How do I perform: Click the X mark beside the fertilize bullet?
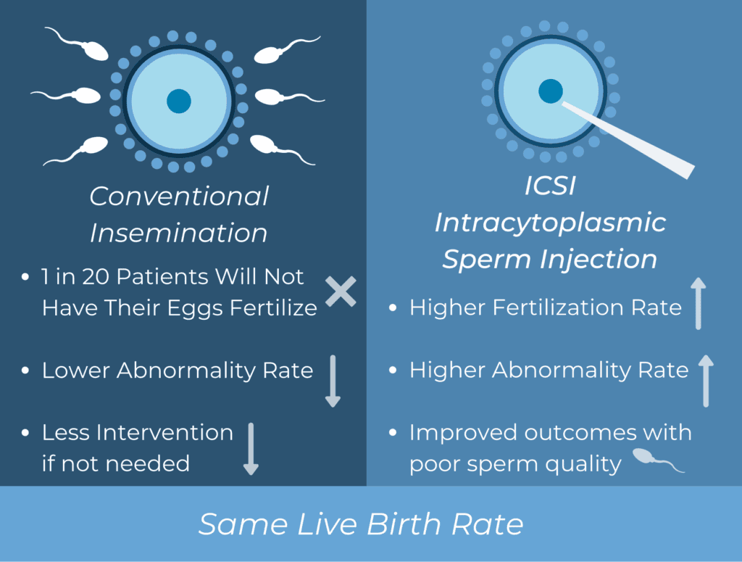point(341,292)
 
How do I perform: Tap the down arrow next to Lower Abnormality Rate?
point(333,381)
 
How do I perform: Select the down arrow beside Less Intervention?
point(251,449)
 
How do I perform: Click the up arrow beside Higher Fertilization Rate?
point(699,304)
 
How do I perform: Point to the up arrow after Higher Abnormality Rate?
point(706,381)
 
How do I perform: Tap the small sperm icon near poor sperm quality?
point(658,460)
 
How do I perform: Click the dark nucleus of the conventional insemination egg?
point(179,101)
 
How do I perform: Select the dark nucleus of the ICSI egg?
point(551,91)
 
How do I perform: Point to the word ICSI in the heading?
point(551,185)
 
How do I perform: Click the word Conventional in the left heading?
point(180,196)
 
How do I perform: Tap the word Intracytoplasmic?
point(551,223)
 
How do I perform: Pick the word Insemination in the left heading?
point(179,233)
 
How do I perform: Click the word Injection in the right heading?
point(598,260)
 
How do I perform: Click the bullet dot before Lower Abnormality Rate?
point(25,371)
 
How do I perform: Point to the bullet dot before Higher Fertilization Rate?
point(392,307)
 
